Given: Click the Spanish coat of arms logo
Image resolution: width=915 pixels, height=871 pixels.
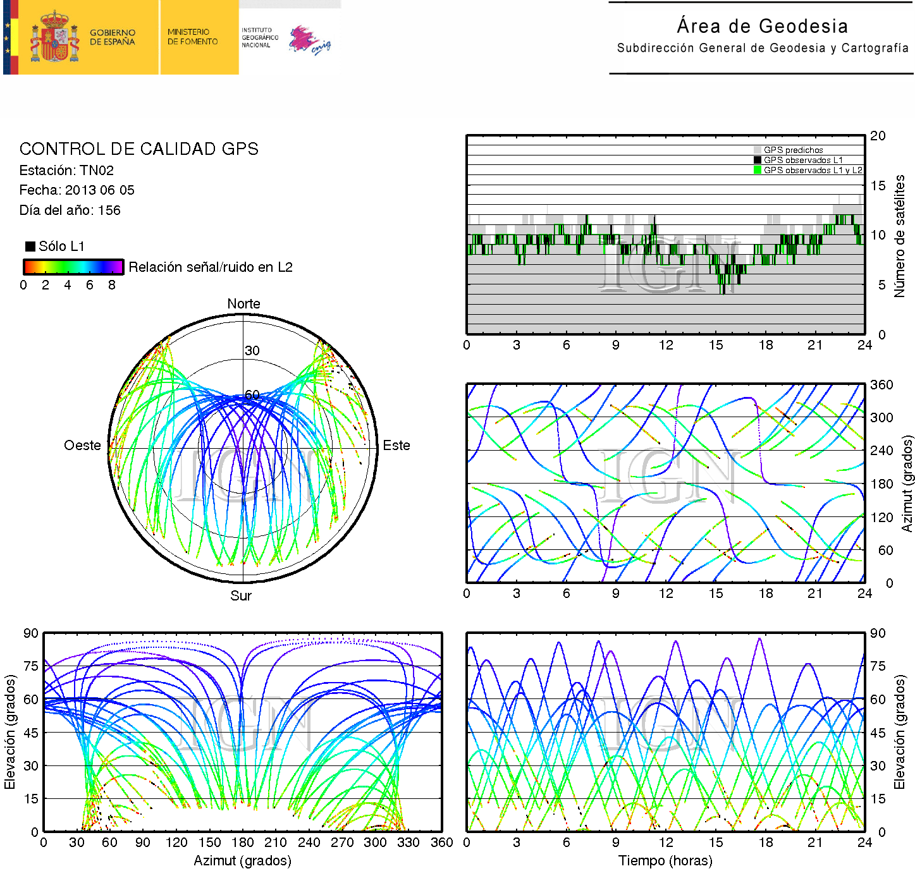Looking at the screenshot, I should coord(54,37).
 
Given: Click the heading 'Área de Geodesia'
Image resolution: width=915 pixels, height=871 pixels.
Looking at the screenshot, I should coord(762,26).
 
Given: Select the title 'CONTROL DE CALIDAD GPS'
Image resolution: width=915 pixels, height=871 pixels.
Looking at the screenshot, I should coord(138,149).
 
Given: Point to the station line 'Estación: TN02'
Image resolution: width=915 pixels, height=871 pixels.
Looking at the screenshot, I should coord(66,170).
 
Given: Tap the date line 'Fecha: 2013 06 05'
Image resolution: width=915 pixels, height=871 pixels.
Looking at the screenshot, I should coord(77,190).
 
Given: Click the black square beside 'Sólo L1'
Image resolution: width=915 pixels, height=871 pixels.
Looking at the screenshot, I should coord(30,247).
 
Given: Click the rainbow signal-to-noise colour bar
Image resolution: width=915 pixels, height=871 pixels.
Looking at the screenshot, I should coord(73,267).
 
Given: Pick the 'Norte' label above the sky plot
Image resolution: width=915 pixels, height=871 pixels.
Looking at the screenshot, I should coord(243,304).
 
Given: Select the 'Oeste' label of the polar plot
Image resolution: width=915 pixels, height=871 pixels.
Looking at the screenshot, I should coord(82,446).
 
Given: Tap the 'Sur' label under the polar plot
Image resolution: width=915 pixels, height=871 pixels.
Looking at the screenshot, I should coord(241,595).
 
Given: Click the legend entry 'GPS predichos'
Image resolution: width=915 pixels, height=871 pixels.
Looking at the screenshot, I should coord(793,150).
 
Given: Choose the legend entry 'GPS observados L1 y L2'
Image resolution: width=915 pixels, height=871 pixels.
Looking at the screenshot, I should coord(813,170).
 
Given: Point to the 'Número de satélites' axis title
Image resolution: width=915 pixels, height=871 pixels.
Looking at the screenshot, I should coord(899,236).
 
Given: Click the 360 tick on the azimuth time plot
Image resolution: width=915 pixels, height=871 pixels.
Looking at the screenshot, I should coord(881,385).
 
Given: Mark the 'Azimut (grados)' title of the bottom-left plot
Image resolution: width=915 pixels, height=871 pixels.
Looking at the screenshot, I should coord(242,860).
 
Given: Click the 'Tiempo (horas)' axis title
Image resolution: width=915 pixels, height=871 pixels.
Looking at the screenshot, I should coord(665,860).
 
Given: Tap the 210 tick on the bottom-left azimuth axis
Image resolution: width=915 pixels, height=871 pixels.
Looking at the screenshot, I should coord(275,843).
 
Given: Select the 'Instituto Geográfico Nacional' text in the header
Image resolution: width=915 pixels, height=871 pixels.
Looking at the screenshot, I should coord(259,37).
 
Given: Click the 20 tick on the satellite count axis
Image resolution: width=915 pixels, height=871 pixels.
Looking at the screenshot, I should coord(878,136).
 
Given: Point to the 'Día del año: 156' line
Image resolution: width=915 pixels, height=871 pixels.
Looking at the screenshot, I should coord(70,210).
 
